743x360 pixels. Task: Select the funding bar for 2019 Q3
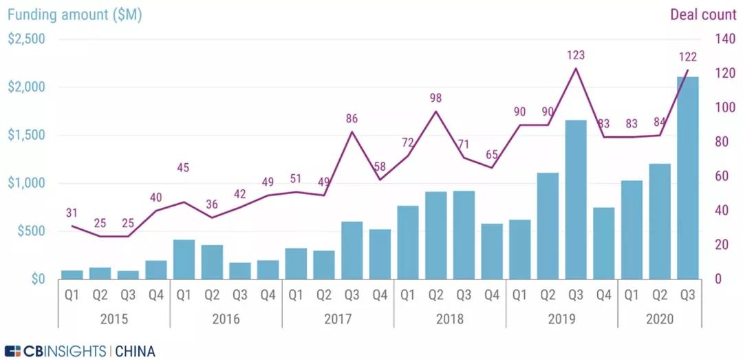pyautogui.click(x=576, y=200)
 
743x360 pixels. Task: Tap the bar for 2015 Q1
pyautogui.click(x=72, y=275)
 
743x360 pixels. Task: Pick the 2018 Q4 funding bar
pyautogui.click(x=492, y=251)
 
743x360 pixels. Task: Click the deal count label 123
pyautogui.click(x=576, y=54)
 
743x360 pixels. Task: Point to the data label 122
pyautogui.click(x=688, y=57)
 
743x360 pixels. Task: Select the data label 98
pyautogui.click(x=435, y=97)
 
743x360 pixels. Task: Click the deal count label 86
pyautogui.click(x=352, y=118)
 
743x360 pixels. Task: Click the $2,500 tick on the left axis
pyautogui.click(x=26, y=39)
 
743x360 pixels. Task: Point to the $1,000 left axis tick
pyautogui.click(x=26, y=183)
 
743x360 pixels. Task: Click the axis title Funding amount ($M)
pyautogui.click(x=74, y=14)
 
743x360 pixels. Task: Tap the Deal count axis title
pyautogui.click(x=702, y=14)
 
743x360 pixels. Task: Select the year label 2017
pyautogui.click(x=338, y=319)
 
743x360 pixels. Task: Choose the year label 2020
pyautogui.click(x=660, y=319)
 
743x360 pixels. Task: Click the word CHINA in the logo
pyautogui.click(x=135, y=351)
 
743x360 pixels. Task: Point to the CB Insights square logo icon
pyautogui.click(x=13, y=351)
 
